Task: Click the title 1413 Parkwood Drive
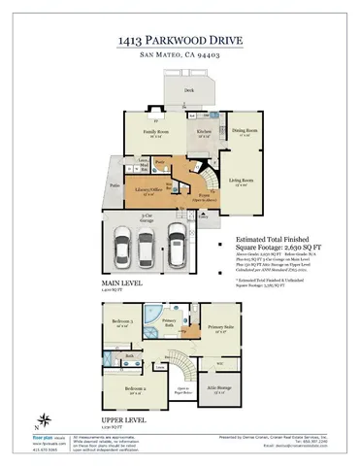(x=180, y=41)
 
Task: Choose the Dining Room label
(x=245, y=130)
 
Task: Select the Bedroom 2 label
(x=135, y=390)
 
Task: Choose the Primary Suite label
(x=222, y=328)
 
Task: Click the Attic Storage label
(x=221, y=390)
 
